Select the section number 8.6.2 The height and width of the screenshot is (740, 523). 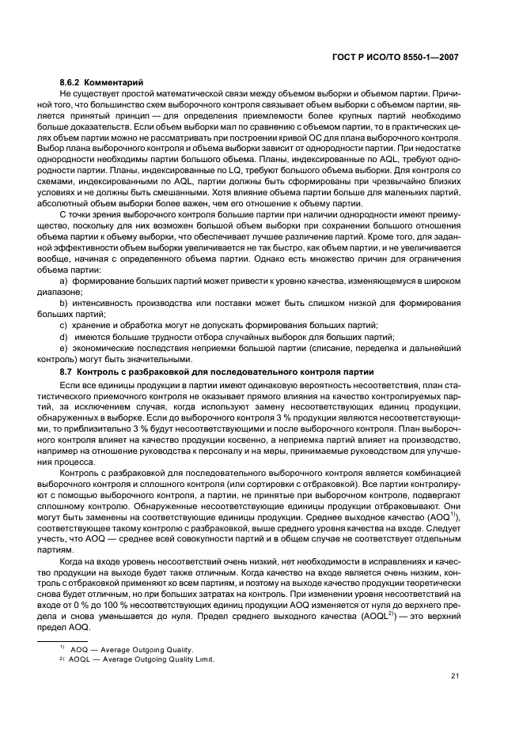(x=73, y=83)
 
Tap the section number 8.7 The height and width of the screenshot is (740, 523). (x=67, y=372)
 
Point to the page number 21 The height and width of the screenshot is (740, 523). (x=453, y=674)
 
